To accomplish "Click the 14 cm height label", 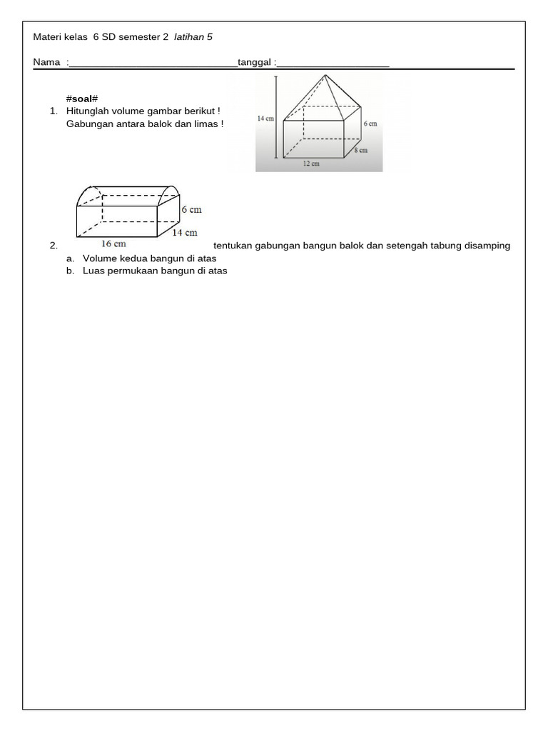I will [x=265, y=119].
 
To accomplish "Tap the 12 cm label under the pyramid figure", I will [x=310, y=163].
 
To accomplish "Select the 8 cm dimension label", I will [x=362, y=150].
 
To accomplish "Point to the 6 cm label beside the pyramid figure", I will [x=370, y=123].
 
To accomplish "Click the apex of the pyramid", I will [x=326, y=76].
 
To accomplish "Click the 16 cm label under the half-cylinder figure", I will [x=114, y=243].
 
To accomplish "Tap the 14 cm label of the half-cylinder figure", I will [x=185, y=232].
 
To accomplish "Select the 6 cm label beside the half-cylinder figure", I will [x=191, y=210].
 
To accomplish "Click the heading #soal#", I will [x=81, y=99].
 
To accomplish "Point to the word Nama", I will [x=46, y=63].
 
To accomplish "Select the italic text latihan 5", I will [x=193, y=36].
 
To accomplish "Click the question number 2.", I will [x=54, y=246].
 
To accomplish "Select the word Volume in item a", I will [x=99, y=258].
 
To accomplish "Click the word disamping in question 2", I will [x=487, y=246].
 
